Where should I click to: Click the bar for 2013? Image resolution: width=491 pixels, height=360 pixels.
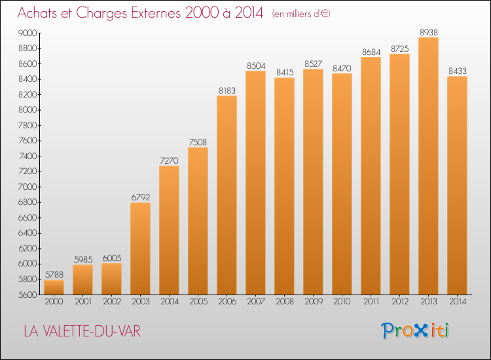coord(428,166)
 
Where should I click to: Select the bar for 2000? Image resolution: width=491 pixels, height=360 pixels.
coord(54,287)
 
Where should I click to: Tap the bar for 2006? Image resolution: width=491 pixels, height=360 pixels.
coord(227,195)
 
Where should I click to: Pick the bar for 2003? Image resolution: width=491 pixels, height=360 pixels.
coord(140,249)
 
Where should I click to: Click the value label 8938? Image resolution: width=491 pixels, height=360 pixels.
coord(429,32)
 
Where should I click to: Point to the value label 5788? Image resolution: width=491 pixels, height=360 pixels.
coord(54,274)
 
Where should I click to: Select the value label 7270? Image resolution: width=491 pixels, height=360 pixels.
coord(169,160)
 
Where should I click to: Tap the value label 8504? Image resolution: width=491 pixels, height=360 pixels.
coord(256,65)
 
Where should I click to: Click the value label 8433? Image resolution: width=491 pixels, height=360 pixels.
coord(458,71)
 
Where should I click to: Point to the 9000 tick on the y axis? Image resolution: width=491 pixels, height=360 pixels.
coord(27,33)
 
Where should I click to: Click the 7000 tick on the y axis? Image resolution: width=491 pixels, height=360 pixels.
coord(27,187)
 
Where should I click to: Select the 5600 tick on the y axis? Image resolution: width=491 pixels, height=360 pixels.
coord(27,295)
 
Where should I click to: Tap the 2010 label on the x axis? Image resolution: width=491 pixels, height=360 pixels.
coord(342,302)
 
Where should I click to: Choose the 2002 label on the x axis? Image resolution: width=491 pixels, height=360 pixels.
coord(112,302)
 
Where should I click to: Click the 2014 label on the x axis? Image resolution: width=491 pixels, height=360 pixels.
coord(458,302)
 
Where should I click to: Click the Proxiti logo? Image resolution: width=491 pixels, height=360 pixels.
coord(414,331)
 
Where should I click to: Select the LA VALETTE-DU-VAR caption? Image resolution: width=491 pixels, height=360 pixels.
coord(82,331)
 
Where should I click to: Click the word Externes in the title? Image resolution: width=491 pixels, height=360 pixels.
coord(156,13)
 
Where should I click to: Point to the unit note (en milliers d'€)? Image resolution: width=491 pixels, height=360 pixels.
coord(301,14)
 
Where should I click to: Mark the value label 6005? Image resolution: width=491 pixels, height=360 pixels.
coord(112,259)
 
